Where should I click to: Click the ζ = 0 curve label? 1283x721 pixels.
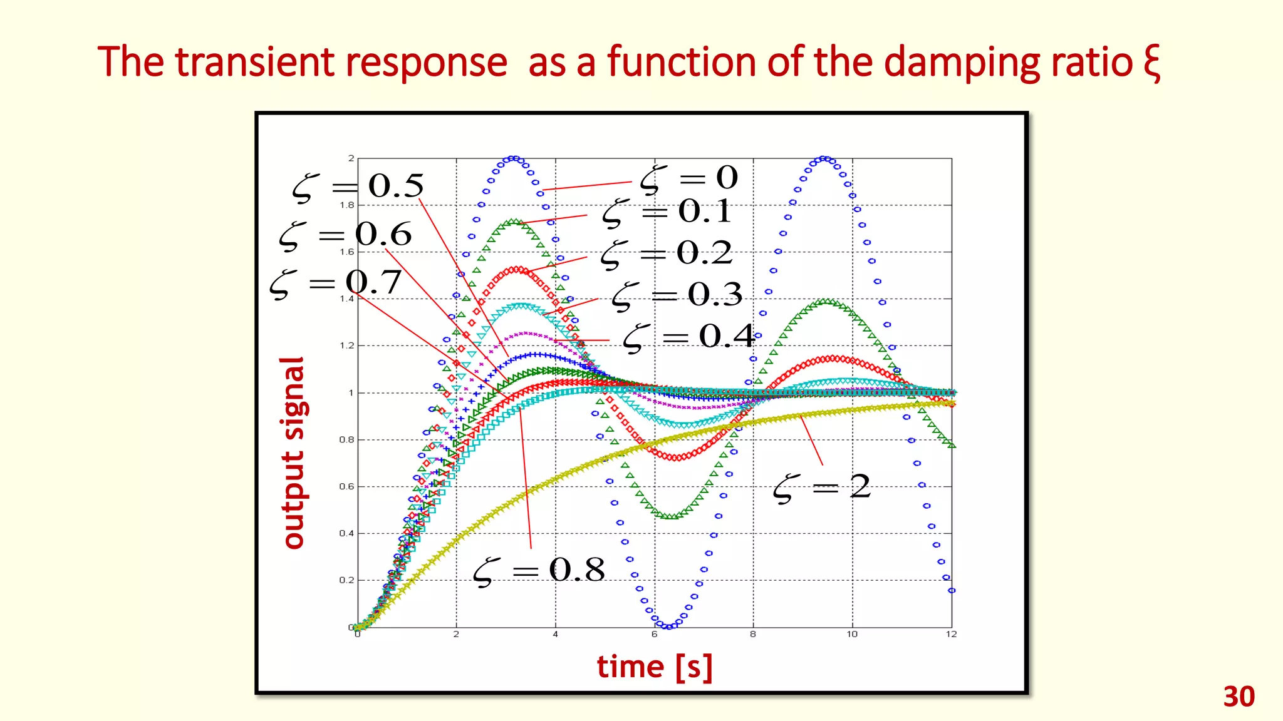[x=689, y=179]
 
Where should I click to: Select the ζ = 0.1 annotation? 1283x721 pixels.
[x=667, y=212]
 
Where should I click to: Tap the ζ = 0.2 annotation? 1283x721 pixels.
[x=667, y=254]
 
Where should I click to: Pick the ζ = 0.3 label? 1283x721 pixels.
[x=677, y=295]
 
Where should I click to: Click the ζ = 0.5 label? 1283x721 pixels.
[x=358, y=187]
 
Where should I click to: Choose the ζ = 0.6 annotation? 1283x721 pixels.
[x=346, y=235]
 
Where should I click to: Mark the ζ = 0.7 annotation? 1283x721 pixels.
[x=336, y=283]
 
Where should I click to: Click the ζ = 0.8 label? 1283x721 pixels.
[x=539, y=571]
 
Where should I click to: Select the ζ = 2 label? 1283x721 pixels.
[x=822, y=488]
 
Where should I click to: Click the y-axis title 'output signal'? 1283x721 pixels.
[x=293, y=453]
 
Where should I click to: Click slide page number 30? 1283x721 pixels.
[x=1239, y=697]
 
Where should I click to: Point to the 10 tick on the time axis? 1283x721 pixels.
[x=852, y=635]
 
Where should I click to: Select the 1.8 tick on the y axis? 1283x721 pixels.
[x=346, y=205]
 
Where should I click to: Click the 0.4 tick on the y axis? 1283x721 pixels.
[x=346, y=533]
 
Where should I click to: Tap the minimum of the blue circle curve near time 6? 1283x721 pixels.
[x=669, y=626]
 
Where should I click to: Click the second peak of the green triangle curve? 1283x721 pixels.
[x=826, y=302]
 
